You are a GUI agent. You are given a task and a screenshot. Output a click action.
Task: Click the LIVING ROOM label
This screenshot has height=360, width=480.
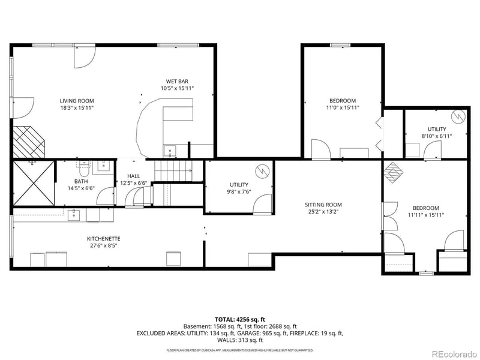(x=77, y=101)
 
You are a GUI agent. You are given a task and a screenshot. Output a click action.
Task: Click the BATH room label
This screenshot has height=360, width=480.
(x=81, y=181)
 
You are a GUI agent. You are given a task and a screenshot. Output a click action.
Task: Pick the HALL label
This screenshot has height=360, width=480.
(x=133, y=176)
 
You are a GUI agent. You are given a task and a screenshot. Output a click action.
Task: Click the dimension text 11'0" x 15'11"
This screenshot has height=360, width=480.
(x=343, y=107)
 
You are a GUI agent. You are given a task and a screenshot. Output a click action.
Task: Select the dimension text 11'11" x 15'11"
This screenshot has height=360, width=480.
(x=425, y=215)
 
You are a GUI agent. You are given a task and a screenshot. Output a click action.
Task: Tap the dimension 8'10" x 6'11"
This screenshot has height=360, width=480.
(x=436, y=136)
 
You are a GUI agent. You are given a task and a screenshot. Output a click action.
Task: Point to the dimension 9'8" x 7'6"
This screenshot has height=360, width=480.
(x=239, y=192)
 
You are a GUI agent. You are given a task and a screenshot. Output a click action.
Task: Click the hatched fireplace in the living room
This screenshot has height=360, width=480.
(x=29, y=142)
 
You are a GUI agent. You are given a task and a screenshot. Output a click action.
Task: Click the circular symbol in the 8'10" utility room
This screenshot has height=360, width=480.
(x=458, y=116)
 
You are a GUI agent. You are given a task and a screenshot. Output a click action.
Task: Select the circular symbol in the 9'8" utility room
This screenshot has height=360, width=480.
(x=262, y=172)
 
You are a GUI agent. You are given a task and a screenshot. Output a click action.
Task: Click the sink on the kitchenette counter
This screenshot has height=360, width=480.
(x=74, y=214)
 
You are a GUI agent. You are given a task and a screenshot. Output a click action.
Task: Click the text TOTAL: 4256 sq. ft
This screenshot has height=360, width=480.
(x=240, y=319)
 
